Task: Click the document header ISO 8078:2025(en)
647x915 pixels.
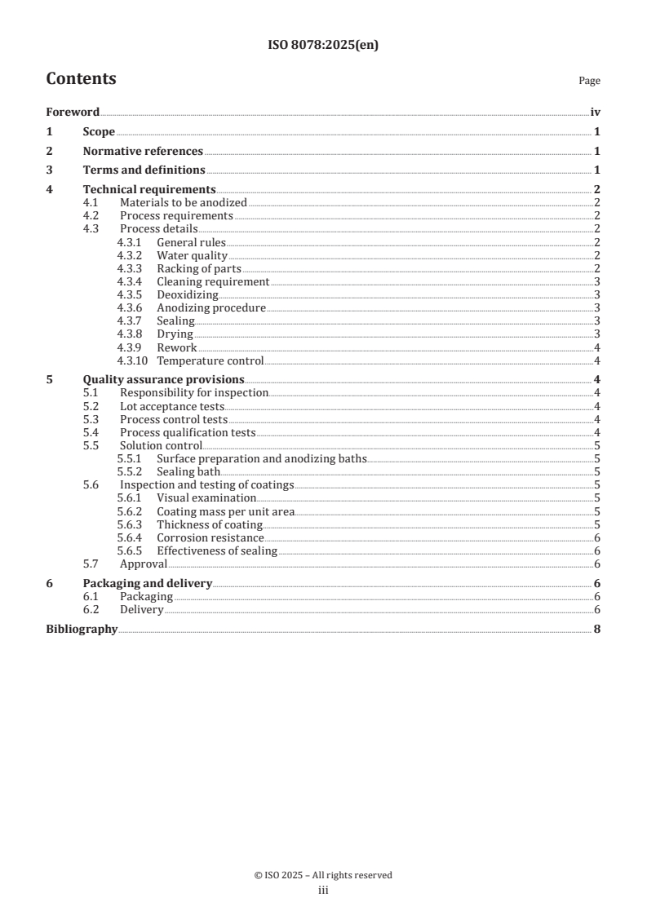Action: [x=323, y=46]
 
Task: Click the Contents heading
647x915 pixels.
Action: [x=81, y=79]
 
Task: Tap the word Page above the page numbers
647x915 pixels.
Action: [x=589, y=81]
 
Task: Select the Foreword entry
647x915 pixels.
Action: [x=73, y=113]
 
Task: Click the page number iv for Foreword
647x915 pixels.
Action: [x=595, y=113]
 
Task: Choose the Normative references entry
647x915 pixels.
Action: [x=143, y=151]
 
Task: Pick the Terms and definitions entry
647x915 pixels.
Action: [x=144, y=170]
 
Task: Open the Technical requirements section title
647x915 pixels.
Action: [x=149, y=190]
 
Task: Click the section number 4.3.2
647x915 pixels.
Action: [x=129, y=255]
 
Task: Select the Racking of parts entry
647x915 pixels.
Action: [x=198, y=268]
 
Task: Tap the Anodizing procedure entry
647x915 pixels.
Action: [x=210, y=307]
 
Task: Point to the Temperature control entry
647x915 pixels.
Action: [x=210, y=360]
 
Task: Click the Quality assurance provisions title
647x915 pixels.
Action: [x=163, y=379]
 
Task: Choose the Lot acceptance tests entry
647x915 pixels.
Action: [x=171, y=406]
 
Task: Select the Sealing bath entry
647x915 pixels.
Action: [x=188, y=471]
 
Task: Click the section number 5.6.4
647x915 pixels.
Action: [x=129, y=537]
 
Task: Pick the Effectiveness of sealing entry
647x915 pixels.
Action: [x=217, y=551]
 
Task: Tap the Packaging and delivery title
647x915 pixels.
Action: [x=147, y=583]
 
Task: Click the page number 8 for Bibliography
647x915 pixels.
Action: [x=597, y=629]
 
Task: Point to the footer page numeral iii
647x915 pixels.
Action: [x=323, y=891]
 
